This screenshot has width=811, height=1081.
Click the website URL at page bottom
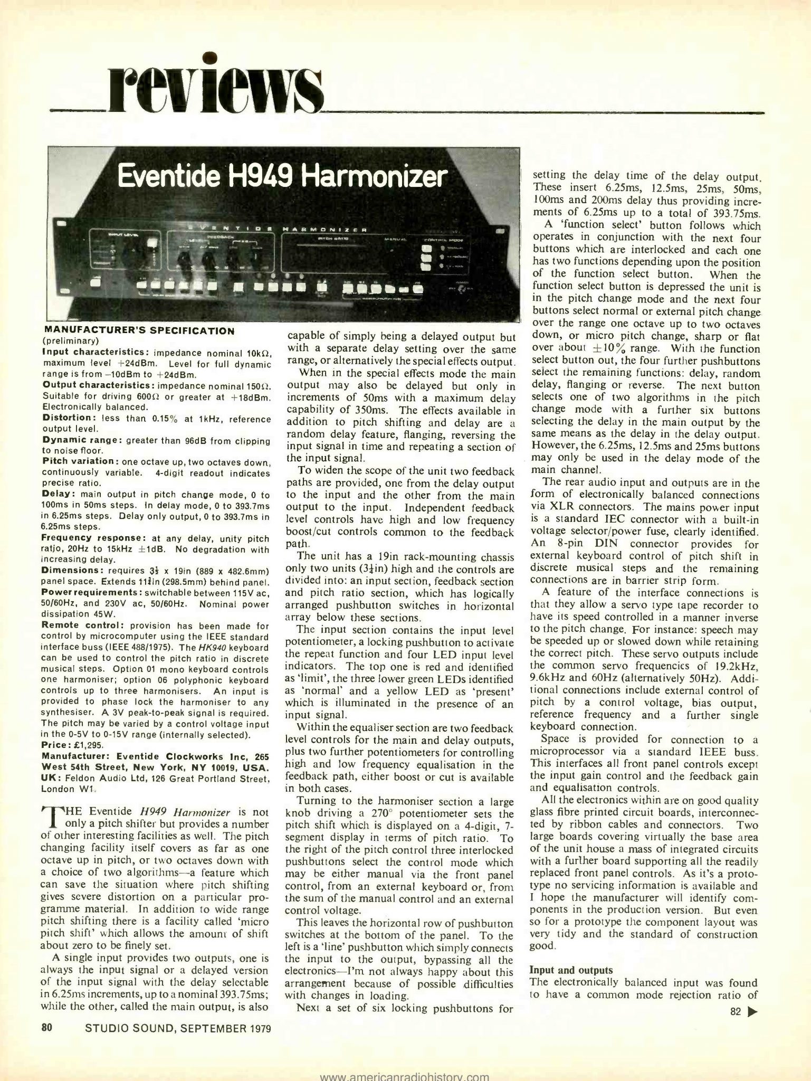(x=405, y=1075)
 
